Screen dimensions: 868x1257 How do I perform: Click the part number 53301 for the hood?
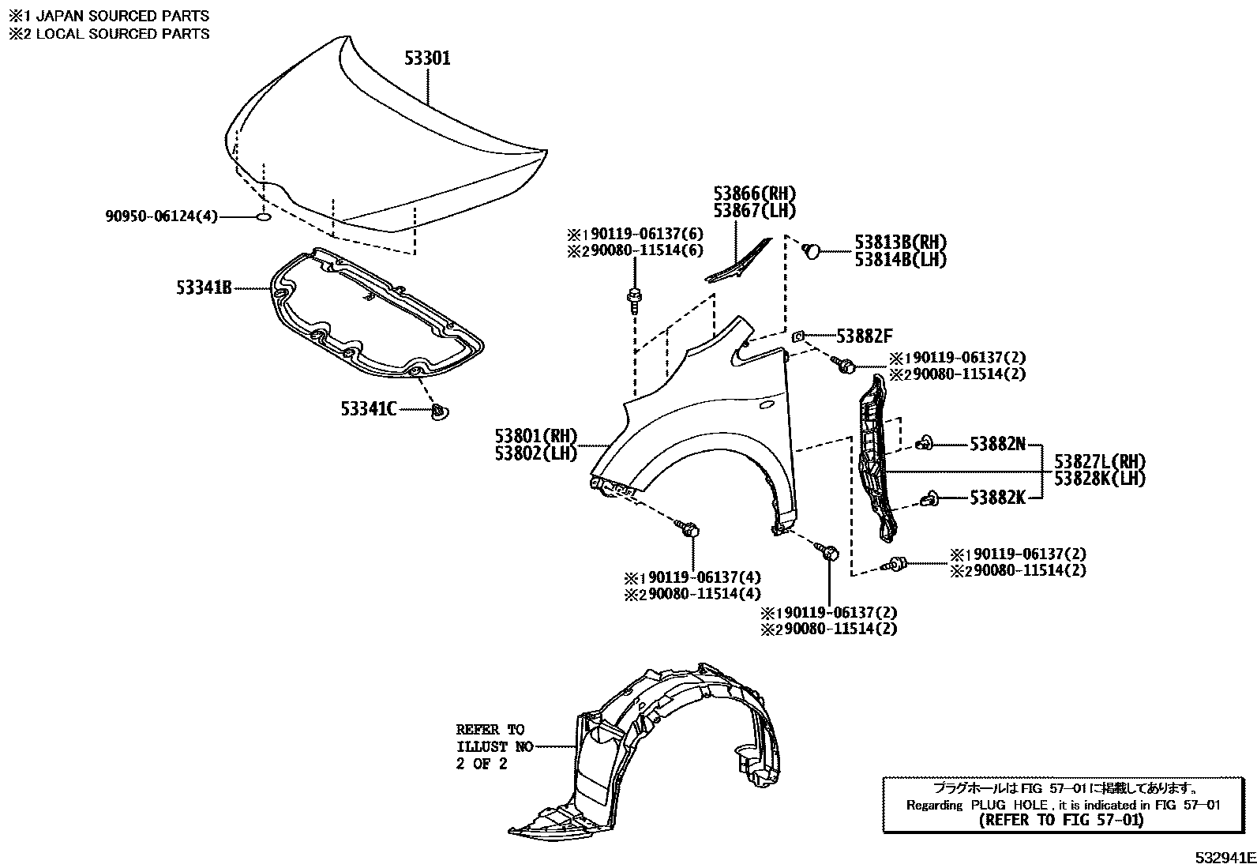click(x=427, y=58)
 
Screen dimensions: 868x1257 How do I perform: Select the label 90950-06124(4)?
click(x=161, y=216)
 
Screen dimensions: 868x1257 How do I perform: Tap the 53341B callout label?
click(x=204, y=288)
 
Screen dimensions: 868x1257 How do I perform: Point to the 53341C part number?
click(x=369, y=408)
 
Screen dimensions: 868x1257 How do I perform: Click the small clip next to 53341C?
click(x=438, y=411)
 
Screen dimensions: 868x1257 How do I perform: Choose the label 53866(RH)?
click(x=754, y=194)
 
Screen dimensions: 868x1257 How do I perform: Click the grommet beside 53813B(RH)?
click(x=811, y=250)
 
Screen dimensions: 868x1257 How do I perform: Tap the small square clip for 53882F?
click(x=798, y=336)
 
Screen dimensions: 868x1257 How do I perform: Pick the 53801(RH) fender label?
click(x=536, y=436)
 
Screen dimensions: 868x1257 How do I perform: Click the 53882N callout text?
click(x=997, y=445)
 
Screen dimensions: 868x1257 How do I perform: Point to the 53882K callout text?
click(x=997, y=498)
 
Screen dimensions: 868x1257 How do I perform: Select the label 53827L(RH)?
click(x=1099, y=461)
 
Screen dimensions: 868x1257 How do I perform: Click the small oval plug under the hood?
click(x=265, y=216)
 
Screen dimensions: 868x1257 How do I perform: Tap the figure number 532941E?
click(x=1223, y=858)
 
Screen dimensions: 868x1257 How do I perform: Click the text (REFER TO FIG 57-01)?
click(x=1060, y=820)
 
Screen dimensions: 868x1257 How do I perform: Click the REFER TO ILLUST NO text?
click(x=493, y=746)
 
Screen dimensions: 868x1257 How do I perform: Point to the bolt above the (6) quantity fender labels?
click(x=634, y=299)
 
